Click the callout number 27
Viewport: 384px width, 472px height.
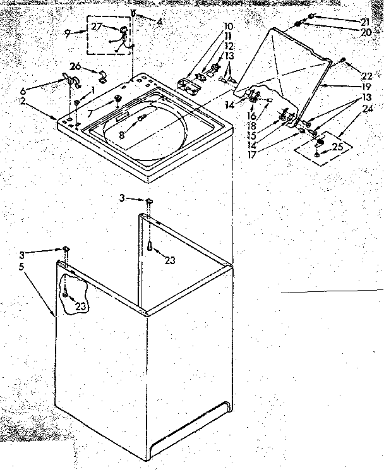coord(96,26)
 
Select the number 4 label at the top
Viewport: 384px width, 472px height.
coord(160,21)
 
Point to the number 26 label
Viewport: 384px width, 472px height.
coord(75,67)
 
